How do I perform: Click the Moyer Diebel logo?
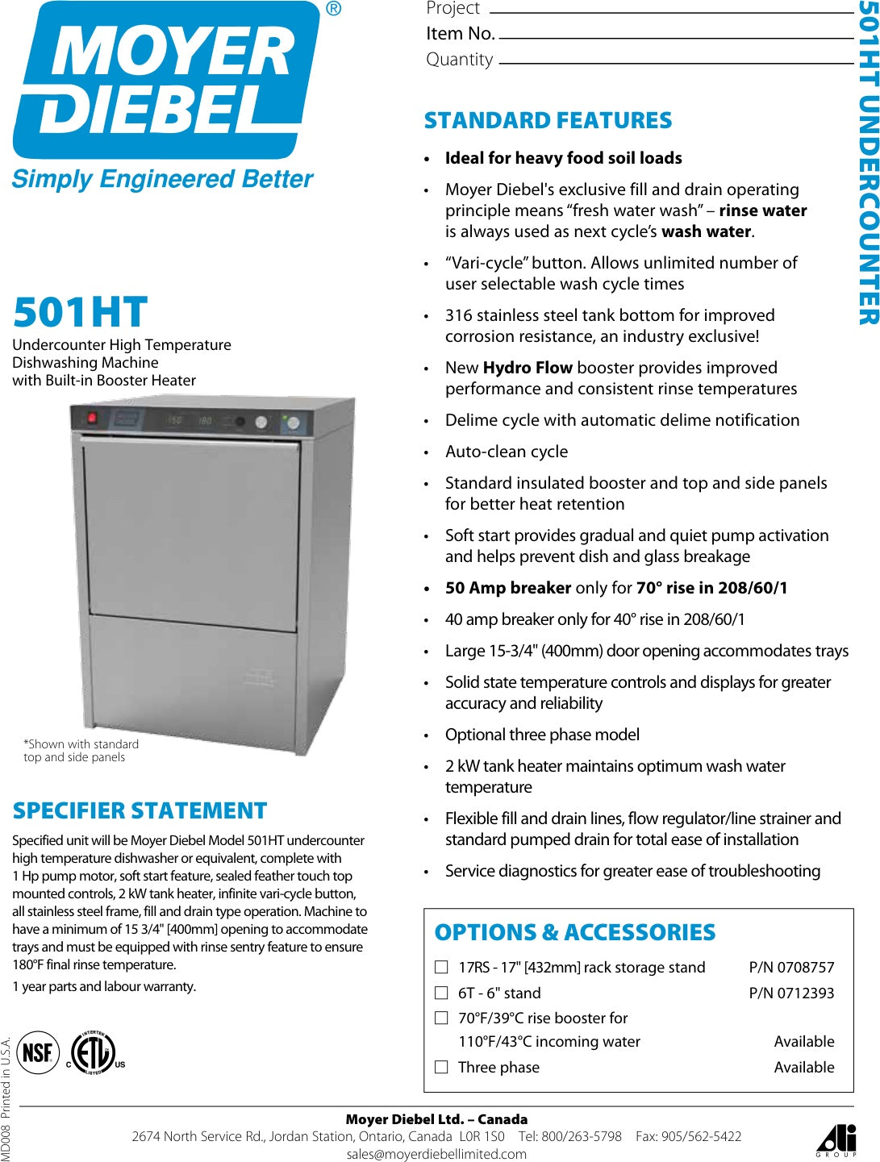tap(165, 81)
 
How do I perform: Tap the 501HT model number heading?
tap(81, 313)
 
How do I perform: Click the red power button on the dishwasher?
tap(92, 418)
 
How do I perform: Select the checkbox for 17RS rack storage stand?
tap(441, 967)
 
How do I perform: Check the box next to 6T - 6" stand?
tap(441, 993)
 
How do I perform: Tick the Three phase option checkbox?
tap(441, 1067)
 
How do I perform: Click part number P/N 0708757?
tap(791, 967)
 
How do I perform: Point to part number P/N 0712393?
tap(791, 993)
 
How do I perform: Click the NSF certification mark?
tap(38, 1052)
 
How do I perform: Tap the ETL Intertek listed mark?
tap(94, 1052)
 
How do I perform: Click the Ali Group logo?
tap(836, 1139)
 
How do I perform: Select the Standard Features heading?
tap(548, 121)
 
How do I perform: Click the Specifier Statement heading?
tap(140, 810)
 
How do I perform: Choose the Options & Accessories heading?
tap(574, 932)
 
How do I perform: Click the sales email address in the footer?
tap(436, 1154)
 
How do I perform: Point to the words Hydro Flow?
tap(528, 368)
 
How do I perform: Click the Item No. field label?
tap(460, 34)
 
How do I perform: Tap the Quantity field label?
tap(459, 60)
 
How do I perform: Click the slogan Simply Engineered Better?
tap(162, 179)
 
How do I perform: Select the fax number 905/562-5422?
tap(701, 1136)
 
